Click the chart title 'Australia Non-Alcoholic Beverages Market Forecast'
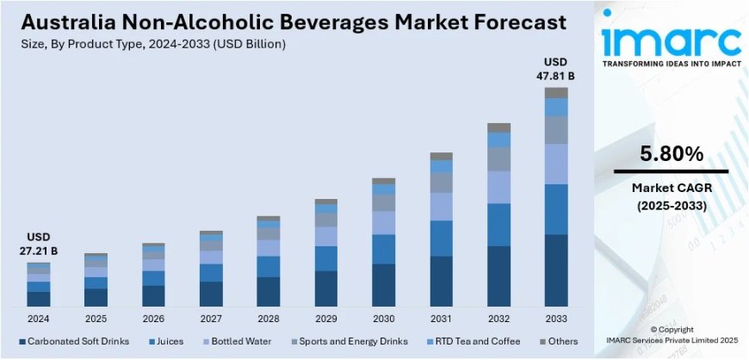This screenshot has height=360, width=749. click(x=285, y=22)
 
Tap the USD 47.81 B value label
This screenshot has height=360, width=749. click(x=557, y=69)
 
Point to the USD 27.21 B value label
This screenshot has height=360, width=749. click(x=38, y=244)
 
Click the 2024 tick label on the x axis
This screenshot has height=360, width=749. click(x=38, y=318)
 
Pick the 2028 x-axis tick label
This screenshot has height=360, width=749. click(x=269, y=318)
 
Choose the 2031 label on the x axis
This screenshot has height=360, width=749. click(x=442, y=318)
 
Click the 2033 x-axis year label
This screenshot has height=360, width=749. click(x=556, y=318)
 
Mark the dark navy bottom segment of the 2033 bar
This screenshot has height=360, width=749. click(x=556, y=270)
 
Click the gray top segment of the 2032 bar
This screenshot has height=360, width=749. click(x=499, y=127)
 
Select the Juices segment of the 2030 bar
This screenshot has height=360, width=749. click(x=384, y=249)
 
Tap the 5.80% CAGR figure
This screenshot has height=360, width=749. click(x=672, y=155)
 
